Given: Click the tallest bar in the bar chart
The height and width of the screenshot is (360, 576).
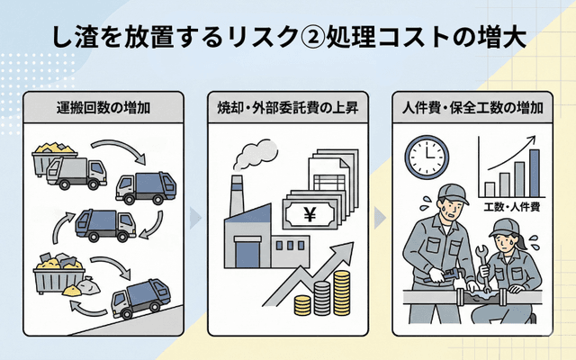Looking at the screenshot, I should (x=534, y=170).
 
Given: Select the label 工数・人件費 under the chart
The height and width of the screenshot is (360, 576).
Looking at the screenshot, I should (x=508, y=208).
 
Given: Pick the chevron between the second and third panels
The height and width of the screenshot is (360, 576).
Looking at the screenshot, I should (x=380, y=217).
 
